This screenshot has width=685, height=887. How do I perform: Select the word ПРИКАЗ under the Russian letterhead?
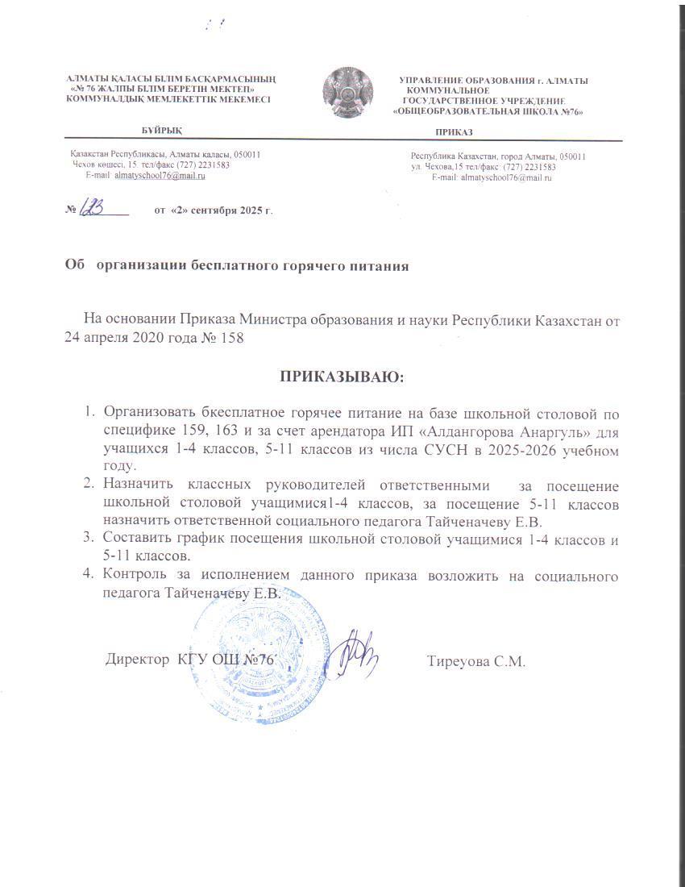(454, 132)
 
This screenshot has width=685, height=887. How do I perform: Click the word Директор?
(138, 660)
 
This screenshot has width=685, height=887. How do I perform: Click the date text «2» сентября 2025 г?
(213, 210)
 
